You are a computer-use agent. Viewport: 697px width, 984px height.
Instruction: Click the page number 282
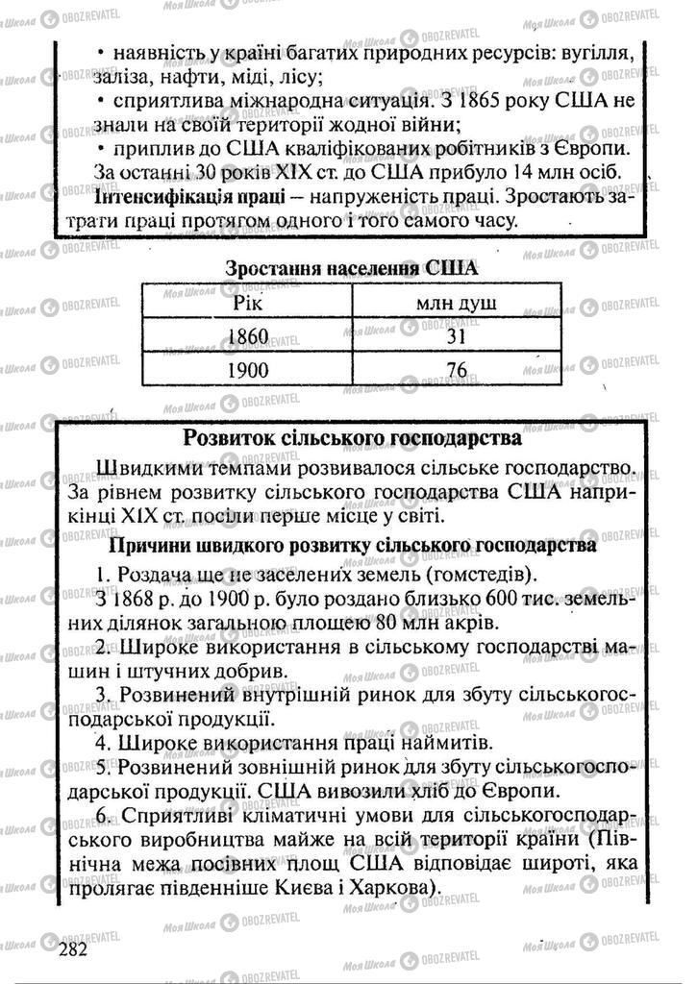71,949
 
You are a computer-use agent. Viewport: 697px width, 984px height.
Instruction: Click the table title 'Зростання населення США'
351,268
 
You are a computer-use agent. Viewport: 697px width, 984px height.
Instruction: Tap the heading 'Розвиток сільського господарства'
352,439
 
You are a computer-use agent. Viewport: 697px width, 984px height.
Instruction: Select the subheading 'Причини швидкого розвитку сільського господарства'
353,546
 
